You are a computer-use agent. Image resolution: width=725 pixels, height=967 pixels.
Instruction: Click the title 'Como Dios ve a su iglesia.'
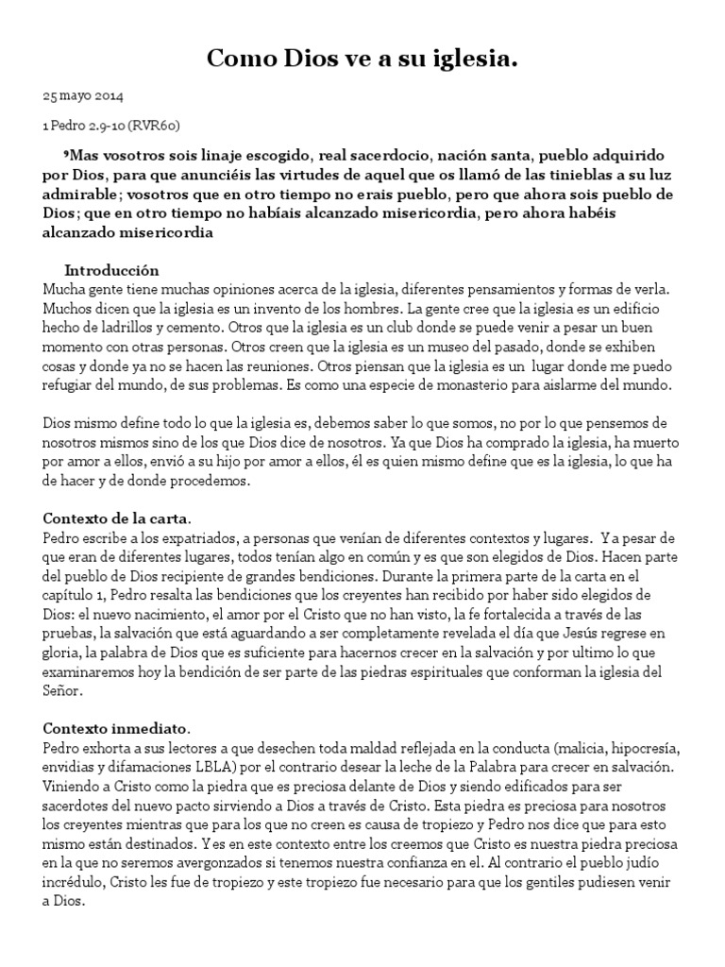click(x=362, y=61)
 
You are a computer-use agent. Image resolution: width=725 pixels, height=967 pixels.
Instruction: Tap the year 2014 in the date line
click(x=108, y=96)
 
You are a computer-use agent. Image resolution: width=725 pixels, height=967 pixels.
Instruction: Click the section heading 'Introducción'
click(x=111, y=270)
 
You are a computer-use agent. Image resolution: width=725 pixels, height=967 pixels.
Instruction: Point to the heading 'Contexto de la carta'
click(x=116, y=518)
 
